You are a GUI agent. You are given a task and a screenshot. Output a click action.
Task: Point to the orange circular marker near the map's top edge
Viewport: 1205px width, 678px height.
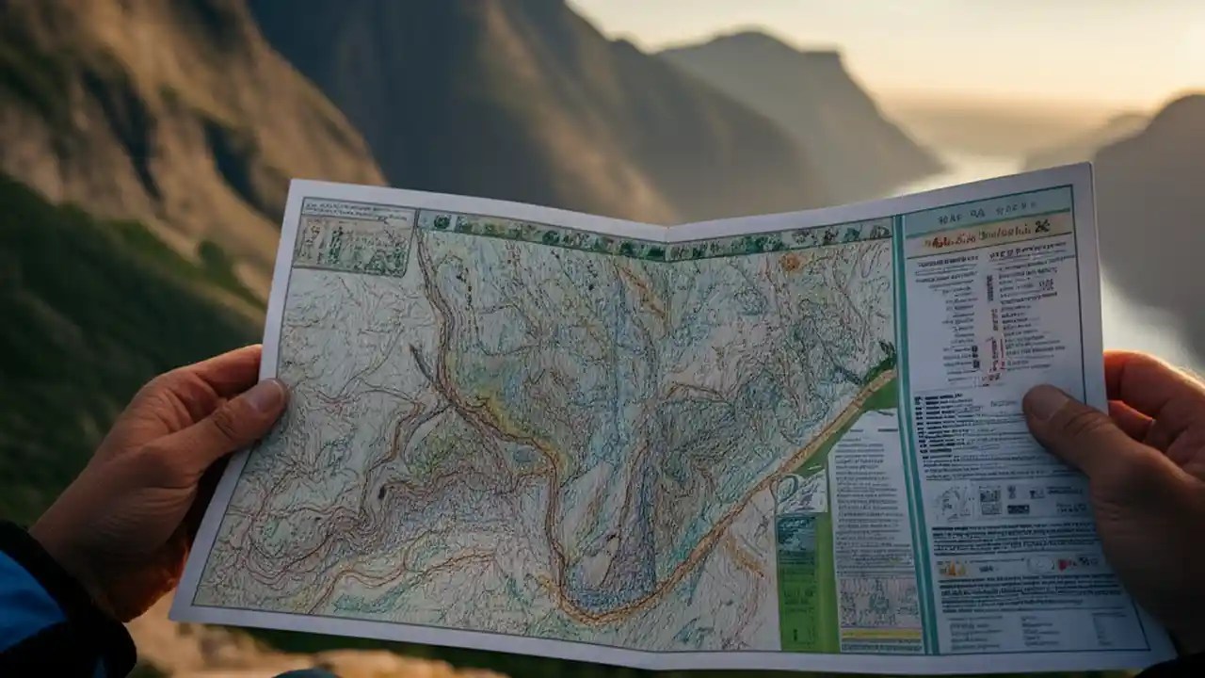point(789,263)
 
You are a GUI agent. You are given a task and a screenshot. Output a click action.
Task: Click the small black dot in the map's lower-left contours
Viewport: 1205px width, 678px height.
point(382,492)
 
